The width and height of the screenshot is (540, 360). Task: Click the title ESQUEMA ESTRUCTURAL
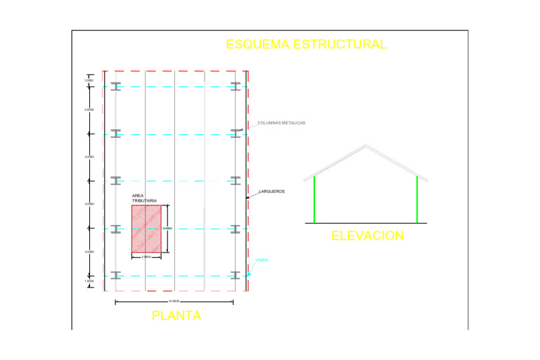tap(306, 44)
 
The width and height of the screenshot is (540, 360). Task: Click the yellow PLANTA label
tap(176, 316)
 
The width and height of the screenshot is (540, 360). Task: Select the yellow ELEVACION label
tap(368, 236)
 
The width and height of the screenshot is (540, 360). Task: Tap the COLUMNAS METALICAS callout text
tap(281, 123)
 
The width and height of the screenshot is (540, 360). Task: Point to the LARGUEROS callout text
tap(271, 191)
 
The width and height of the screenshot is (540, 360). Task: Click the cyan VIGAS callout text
tap(262, 260)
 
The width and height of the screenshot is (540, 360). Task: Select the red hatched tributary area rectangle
tap(146, 229)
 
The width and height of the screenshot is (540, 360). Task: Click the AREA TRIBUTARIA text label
tap(144, 198)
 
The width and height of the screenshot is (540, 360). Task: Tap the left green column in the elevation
tap(314, 199)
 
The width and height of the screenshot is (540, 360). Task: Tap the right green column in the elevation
tap(417, 199)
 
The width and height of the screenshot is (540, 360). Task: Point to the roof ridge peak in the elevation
tap(365, 146)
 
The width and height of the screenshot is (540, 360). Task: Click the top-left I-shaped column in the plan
tap(116, 86)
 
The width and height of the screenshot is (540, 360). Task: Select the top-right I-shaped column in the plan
tap(236, 86)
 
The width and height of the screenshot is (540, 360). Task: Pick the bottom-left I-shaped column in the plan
tap(116, 275)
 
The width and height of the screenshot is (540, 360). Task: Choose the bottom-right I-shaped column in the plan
tap(236, 275)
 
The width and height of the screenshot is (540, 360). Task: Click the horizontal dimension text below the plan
tap(174, 300)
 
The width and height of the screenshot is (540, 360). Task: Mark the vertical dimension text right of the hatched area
tap(167, 228)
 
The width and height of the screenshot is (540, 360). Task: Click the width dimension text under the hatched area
tap(146, 257)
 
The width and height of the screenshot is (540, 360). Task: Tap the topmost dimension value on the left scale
tap(89, 80)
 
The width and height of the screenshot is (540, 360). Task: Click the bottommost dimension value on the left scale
tap(89, 281)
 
